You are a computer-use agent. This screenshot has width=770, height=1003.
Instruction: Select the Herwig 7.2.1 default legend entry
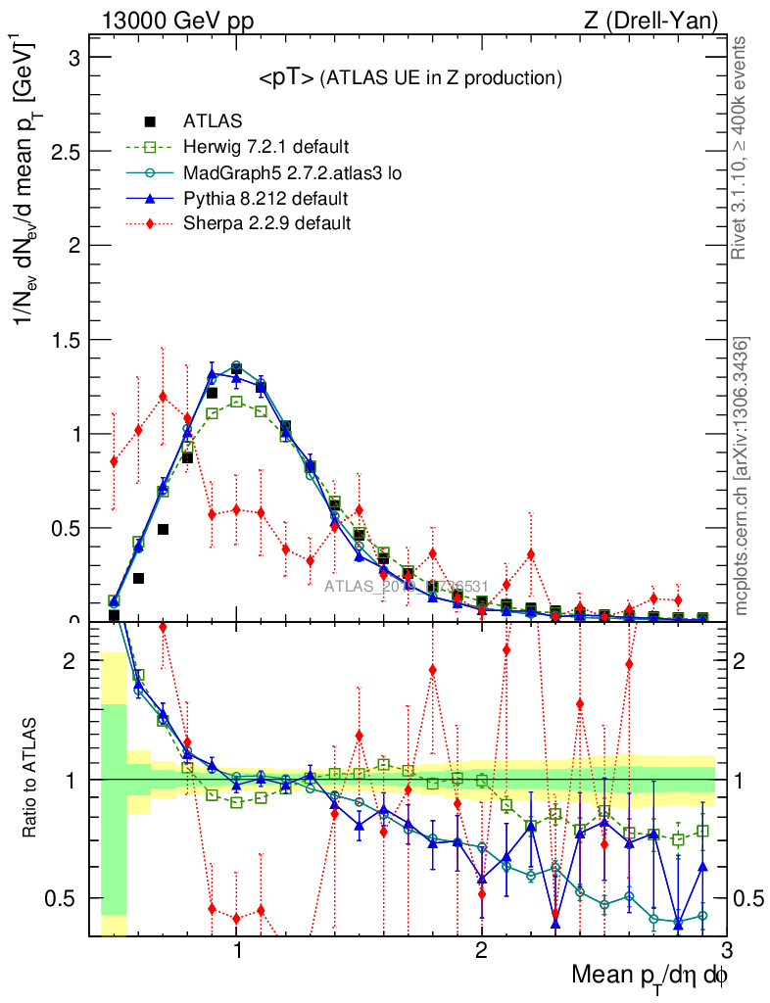coord(265,148)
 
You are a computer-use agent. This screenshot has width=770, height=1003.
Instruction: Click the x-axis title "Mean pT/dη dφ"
coord(650,977)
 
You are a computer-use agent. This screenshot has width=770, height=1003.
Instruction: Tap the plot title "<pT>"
coord(286,78)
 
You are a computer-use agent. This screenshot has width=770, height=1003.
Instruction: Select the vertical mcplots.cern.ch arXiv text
coord(742,475)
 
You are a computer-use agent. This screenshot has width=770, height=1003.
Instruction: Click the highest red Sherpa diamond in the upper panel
coord(163,396)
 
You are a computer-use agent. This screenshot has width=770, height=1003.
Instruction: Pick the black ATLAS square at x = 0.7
coord(163,530)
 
